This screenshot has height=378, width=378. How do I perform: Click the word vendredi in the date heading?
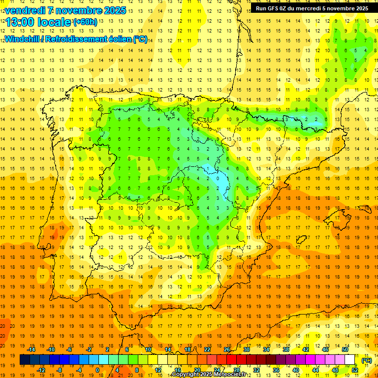click(25, 10)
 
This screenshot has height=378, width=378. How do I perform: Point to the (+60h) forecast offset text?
click(86, 22)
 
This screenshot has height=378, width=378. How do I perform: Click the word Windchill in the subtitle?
click(24, 39)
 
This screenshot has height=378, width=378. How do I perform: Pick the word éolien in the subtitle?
click(118, 39)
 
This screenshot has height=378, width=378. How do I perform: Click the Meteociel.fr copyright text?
click(209, 375)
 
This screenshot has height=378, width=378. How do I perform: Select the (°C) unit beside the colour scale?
click(367, 360)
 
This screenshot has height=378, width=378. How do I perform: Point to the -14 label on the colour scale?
click(31, 349)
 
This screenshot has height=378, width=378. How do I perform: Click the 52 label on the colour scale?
click(355, 370)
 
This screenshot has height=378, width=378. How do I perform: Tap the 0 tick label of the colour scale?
click(97, 370)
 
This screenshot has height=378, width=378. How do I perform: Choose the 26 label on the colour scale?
click(227, 349)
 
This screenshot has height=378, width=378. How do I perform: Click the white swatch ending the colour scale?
click(350, 360)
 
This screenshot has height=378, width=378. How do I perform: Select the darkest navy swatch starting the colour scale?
click(25, 360)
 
